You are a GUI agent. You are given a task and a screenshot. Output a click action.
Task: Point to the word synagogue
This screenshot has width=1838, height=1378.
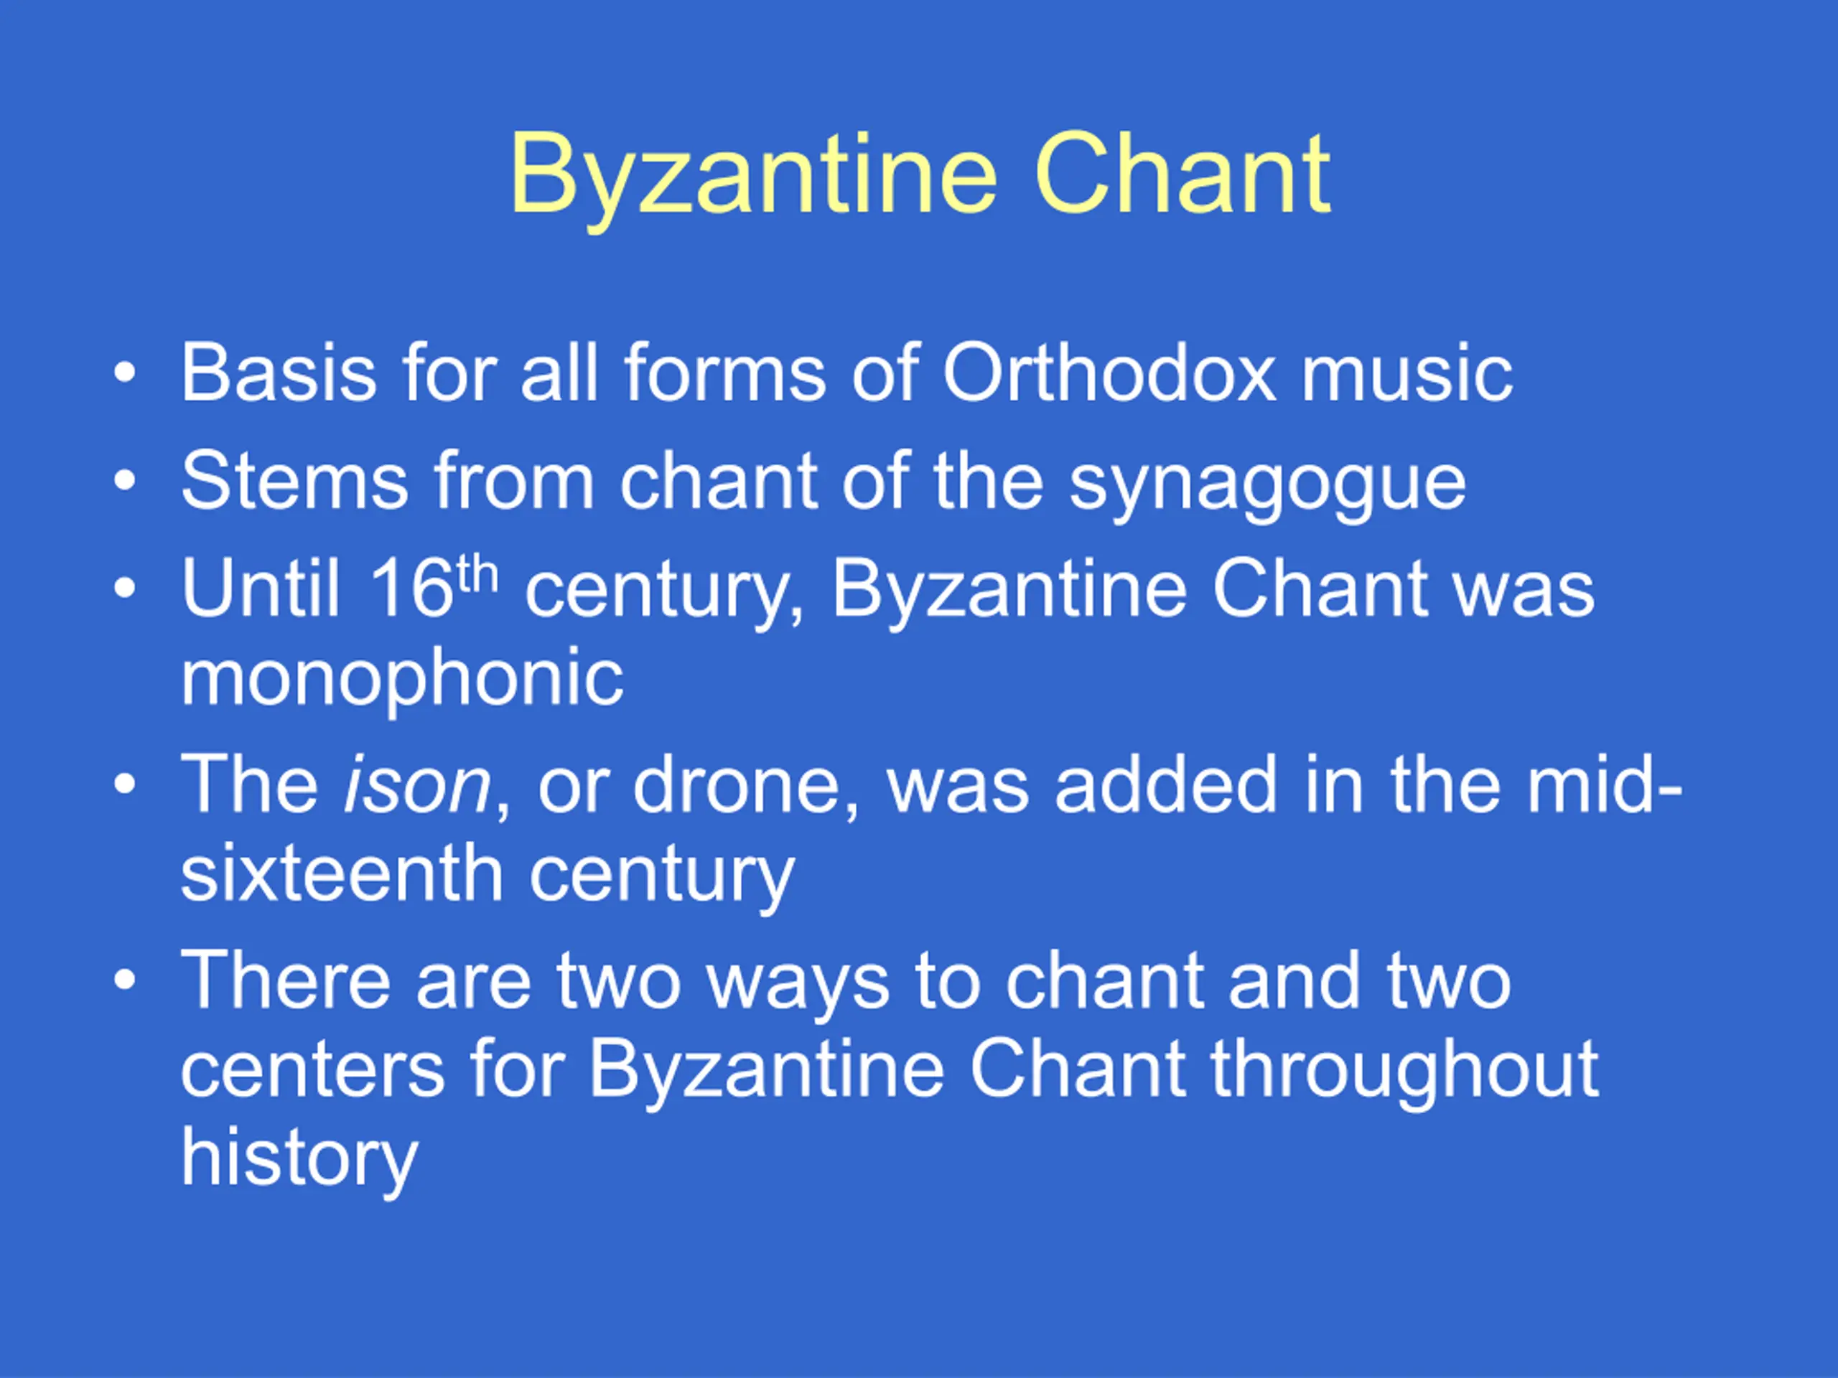click(1267, 485)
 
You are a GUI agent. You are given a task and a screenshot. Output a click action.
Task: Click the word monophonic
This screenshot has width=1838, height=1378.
click(402, 679)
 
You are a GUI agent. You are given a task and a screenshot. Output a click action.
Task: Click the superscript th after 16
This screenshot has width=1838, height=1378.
click(477, 574)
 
